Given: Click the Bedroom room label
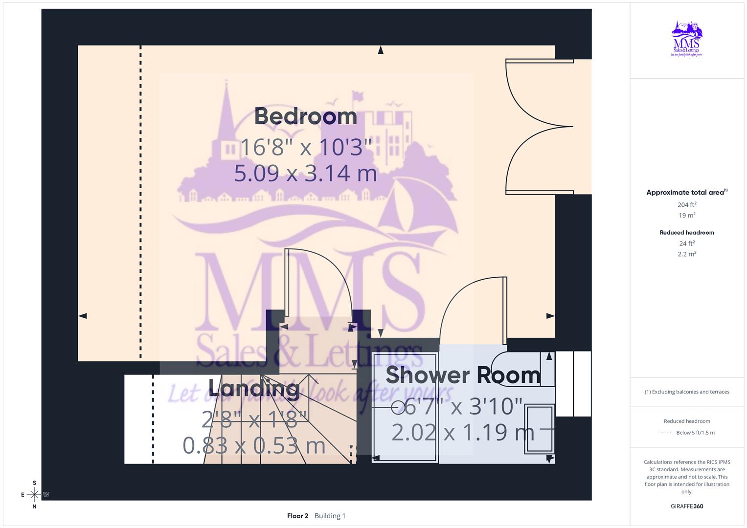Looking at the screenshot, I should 305,116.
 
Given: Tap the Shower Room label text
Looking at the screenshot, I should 463,375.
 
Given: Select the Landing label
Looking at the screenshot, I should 254,389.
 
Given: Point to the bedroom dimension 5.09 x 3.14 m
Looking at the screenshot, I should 305,173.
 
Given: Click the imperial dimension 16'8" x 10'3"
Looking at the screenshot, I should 306,147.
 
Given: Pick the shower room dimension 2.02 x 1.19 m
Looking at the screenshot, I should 463,432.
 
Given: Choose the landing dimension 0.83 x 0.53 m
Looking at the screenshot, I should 254,445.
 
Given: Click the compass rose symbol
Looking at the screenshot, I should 34,495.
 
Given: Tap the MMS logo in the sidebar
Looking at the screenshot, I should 686,39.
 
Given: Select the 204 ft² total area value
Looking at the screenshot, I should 687,205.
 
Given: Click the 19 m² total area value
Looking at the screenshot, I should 687,215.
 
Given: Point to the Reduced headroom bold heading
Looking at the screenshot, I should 687,233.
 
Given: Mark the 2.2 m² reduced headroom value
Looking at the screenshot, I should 687,254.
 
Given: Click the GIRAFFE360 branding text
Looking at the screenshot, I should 687,506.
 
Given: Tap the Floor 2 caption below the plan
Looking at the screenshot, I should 297,516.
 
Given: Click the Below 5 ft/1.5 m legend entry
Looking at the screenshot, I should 695,433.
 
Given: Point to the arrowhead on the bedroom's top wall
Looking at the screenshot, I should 381,50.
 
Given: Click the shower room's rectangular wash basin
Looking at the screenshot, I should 539,429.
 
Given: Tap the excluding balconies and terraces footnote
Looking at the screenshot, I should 687,392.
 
